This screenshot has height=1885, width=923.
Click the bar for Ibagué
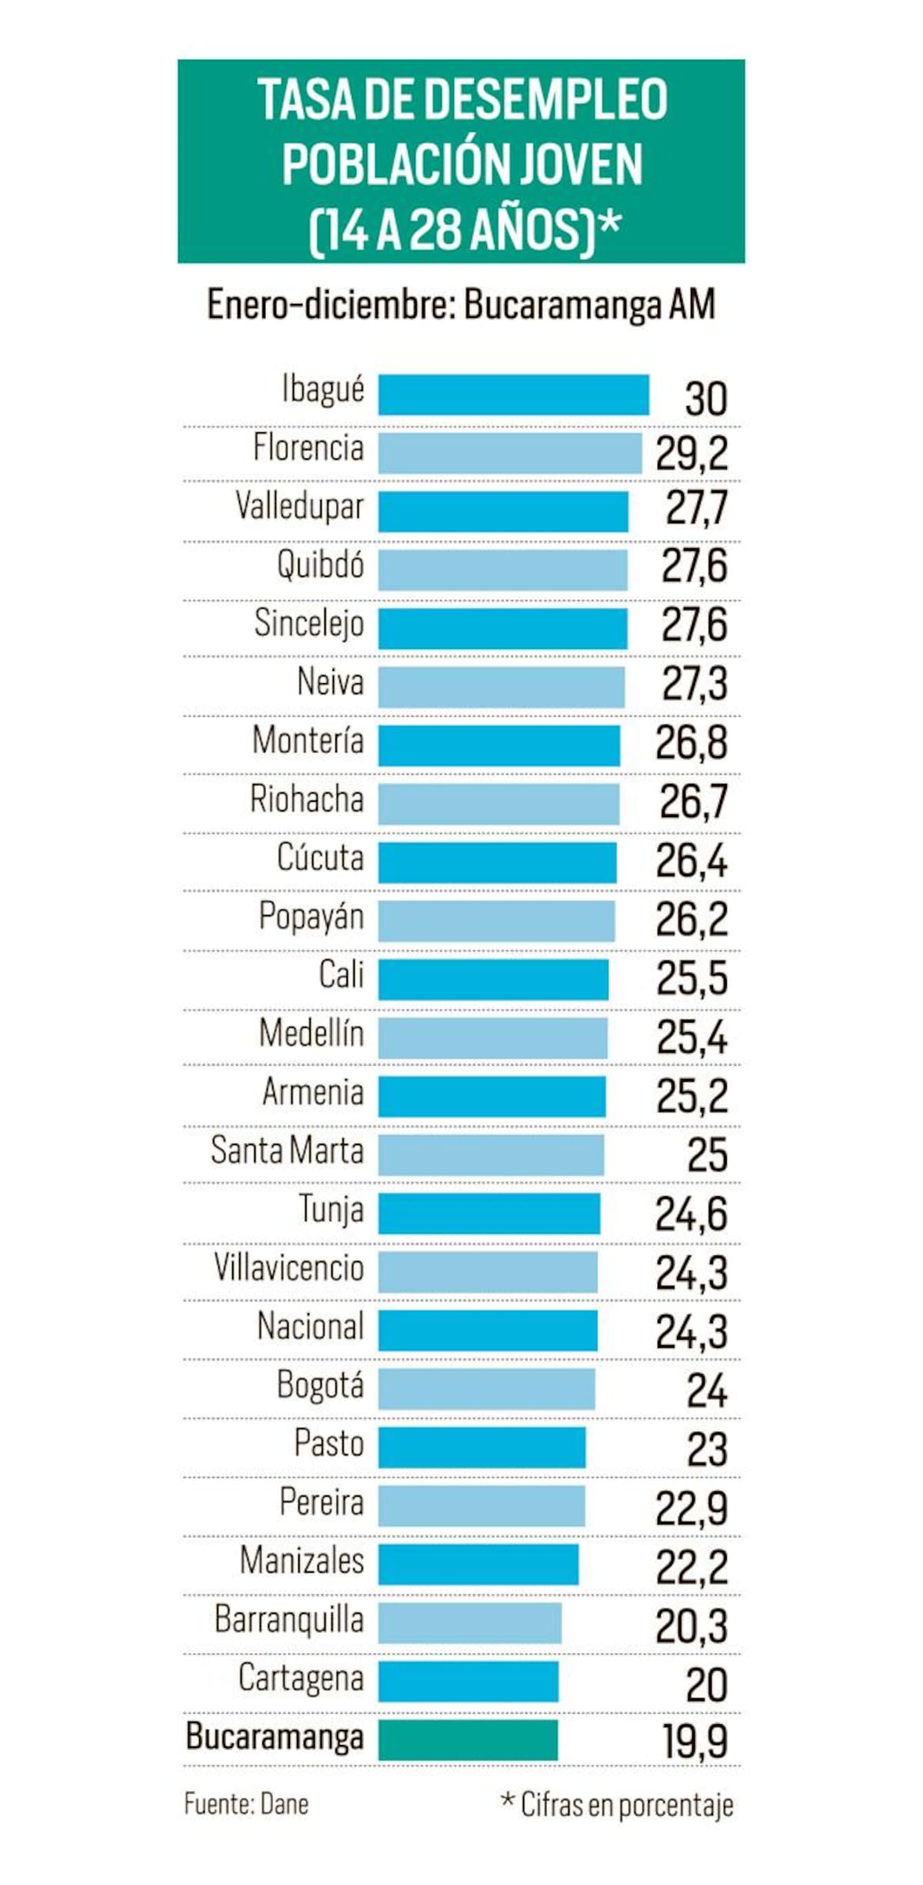[513, 395]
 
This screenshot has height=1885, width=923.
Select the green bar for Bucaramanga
[468, 1740]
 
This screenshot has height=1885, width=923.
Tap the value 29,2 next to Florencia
[691, 454]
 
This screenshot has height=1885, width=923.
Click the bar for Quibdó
[502, 570]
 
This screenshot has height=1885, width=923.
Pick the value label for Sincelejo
[694, 625]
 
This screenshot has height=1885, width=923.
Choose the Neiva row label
[330, 682]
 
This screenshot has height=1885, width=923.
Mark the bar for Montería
[498, 746]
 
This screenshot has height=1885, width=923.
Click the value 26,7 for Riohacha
[693, 802]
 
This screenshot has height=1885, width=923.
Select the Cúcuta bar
[497, 862]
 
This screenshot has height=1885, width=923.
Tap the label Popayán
[311, 917]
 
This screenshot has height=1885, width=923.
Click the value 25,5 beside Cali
[691, 979]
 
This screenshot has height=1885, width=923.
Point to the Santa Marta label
[287, 1151]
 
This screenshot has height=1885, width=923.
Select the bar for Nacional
[488, 1330]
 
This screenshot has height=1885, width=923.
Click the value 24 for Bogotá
[706, 1390]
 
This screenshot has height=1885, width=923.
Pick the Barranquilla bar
[469, 1623]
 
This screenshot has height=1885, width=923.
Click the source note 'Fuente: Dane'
[246, 1804]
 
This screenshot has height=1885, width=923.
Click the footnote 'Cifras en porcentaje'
[626, 1805]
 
